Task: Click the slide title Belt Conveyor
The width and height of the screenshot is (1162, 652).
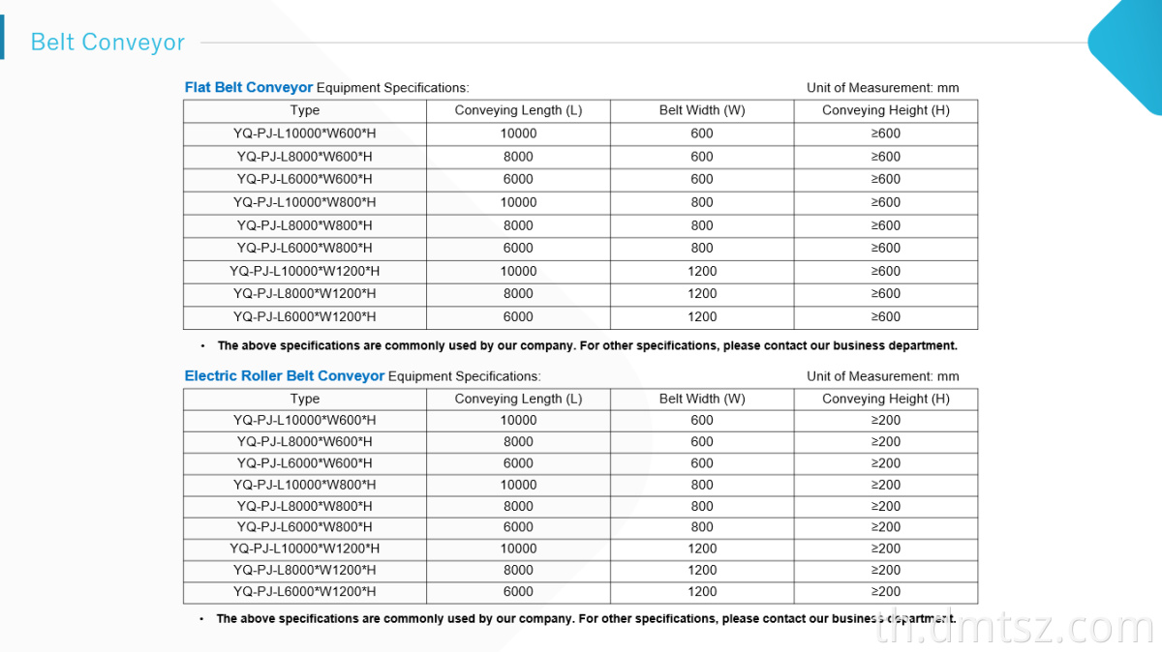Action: coord(107,43)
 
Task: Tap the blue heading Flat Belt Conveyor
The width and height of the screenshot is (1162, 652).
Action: coord(249,88)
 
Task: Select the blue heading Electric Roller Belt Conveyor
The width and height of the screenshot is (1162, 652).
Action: coord(285,376)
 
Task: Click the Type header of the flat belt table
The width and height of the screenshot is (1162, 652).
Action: coord(305,110)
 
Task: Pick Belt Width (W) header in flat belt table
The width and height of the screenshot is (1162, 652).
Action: coord(702,110)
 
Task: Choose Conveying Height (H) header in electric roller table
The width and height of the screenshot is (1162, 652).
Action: coord(885,399)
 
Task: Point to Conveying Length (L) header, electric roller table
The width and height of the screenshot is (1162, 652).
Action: coord(518,399)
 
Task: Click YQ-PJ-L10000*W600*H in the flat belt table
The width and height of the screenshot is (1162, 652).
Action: coord(305,133)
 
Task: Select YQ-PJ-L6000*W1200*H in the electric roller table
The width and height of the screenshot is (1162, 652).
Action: coord(305,592)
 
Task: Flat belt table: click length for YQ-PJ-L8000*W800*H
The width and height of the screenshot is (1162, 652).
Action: coord(518,225)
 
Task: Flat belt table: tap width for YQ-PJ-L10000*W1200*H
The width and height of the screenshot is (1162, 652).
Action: coord(702,271)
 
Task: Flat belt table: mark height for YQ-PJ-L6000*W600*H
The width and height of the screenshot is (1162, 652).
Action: coord(885,179)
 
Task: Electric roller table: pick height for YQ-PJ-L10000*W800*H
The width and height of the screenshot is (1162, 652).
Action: coord(885,485)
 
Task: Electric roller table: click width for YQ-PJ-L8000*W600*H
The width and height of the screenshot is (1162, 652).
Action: coord(702,442)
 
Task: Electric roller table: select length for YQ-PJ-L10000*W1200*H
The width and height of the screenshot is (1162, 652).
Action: coord(518,548)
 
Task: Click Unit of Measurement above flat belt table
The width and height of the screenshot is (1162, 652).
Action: coord(882,88)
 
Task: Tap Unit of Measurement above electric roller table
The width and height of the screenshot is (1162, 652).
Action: coord(882,376)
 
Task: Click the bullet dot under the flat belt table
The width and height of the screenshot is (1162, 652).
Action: coord(202,345)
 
